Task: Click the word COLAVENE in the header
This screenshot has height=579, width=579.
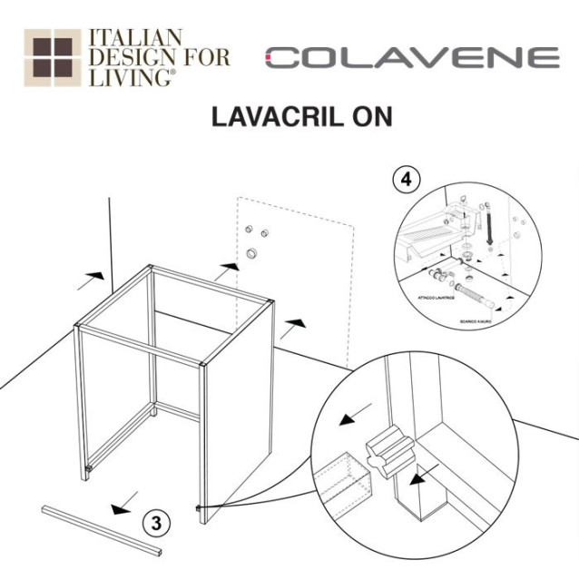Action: [x=413, y=58]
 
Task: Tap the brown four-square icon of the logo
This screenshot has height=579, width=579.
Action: [x=51, y=57]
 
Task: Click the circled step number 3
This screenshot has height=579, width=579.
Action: [x=157, y=523]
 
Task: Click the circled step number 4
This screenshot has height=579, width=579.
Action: [x=406, y=180]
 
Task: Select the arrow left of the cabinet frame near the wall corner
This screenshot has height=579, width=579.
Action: [x=93, y=272]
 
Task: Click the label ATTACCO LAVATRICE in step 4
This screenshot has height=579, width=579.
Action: [x=434, y=298]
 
